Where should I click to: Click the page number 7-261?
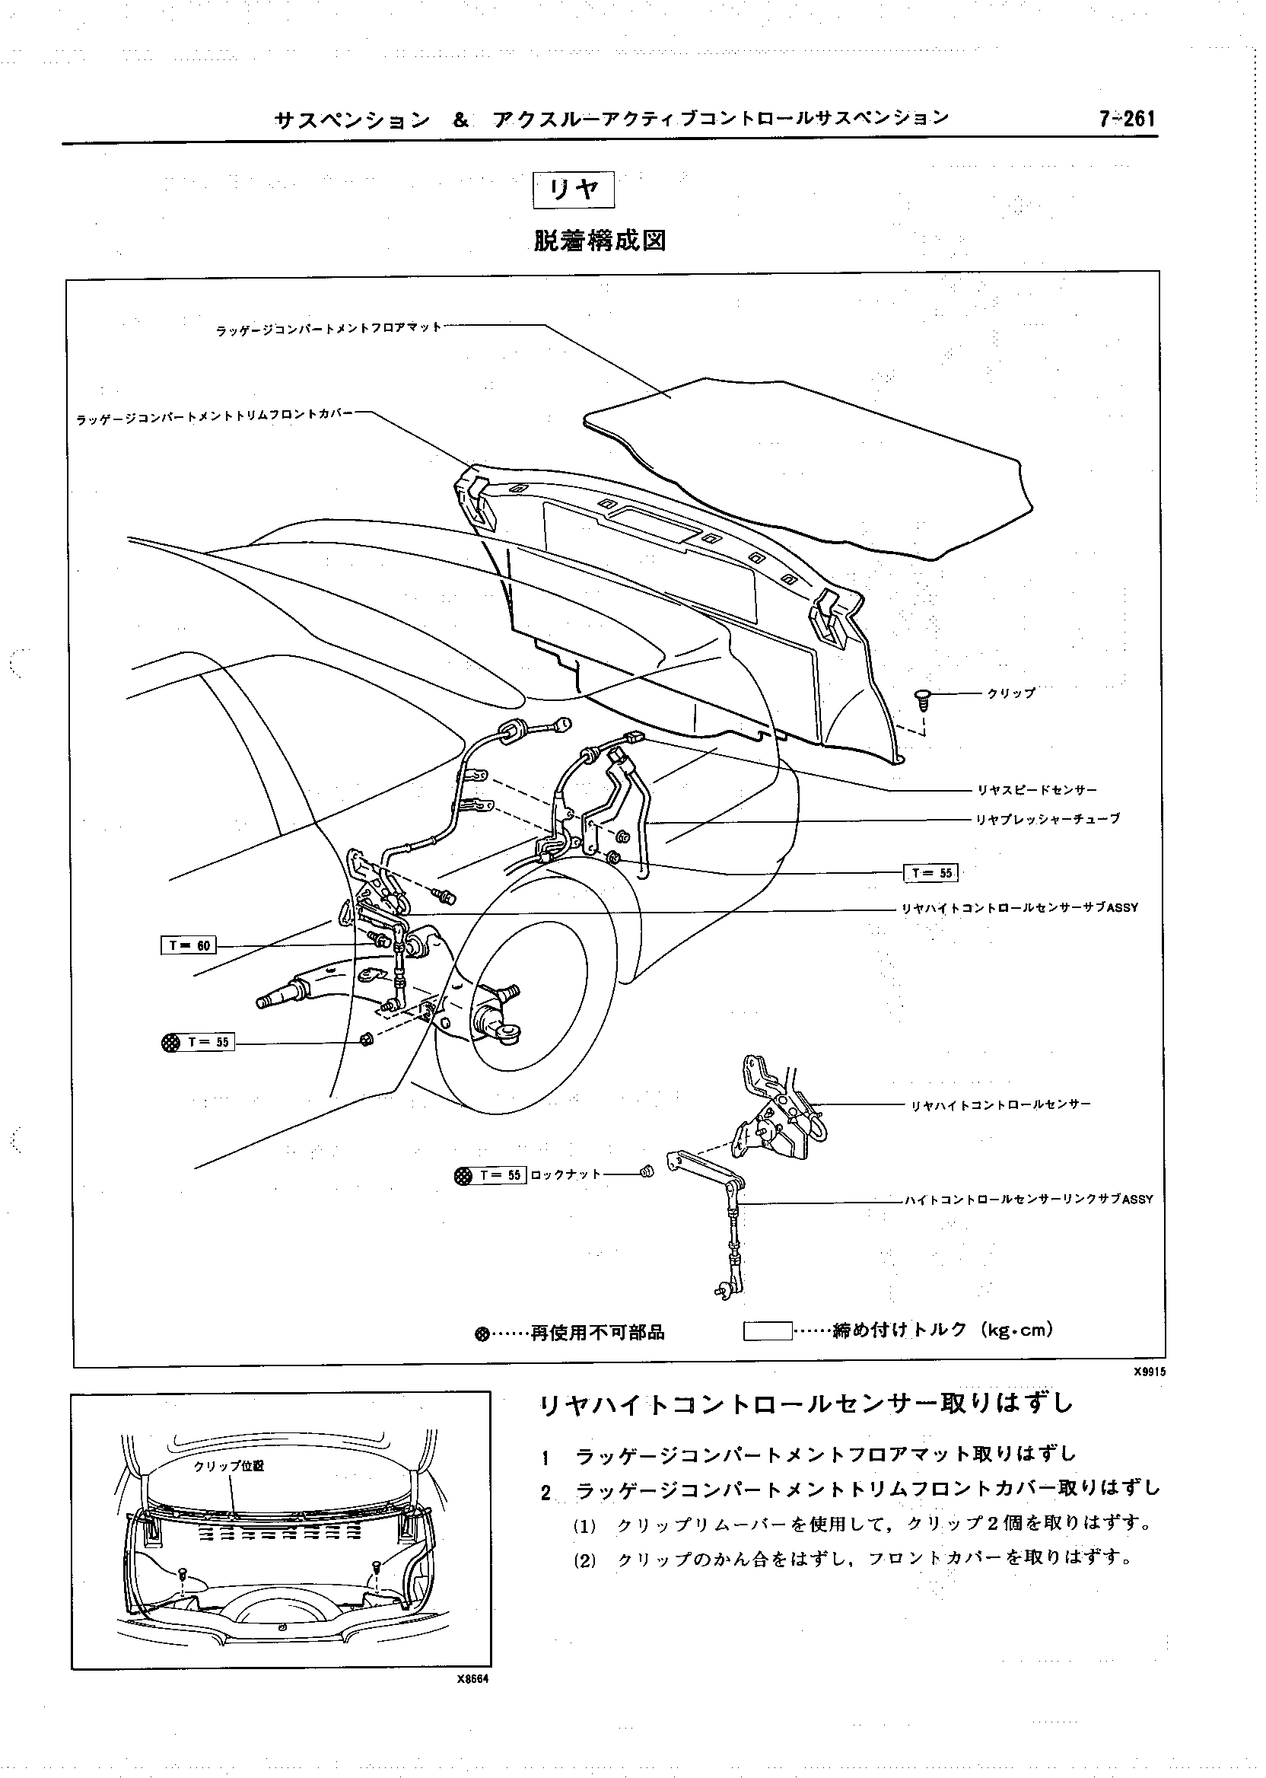pyautogui.click(x=1127, y=119)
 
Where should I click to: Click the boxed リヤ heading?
pyautogui.click(x=574, y=190)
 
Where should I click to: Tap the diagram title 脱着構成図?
pyautogui.click(x=600, y=241)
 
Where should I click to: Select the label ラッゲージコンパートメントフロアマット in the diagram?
pyautogui.click(x=329, y=328)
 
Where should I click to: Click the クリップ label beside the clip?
pyautogui.click(x=1011, y=693)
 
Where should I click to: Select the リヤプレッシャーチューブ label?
pyautogui.click(x=1048, y=819)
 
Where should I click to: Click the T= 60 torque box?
pyautogui.click(x=189, y=946)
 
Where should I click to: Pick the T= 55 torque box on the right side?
pyautogui.click(x=930, y=872)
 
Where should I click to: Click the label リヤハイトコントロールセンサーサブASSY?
pyautogui.click(x=1019, y=908)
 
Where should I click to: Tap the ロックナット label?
pyautogui.click(x=565, y=1174)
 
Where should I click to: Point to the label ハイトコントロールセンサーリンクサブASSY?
pyautogui.click(x=1028, y=1200)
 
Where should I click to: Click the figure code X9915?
pyautogui.click(x=1150, y=1394)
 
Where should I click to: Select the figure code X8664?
pyautogui.click(x=472, y=1702)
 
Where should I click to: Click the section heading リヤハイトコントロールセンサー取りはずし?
pyautogui.click(x=806, y=1404)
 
